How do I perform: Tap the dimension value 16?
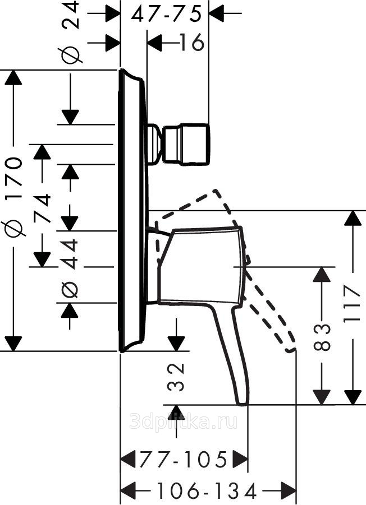(191, 42)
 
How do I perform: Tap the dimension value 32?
(176, 376)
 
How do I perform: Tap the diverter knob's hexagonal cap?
(186, 145)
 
